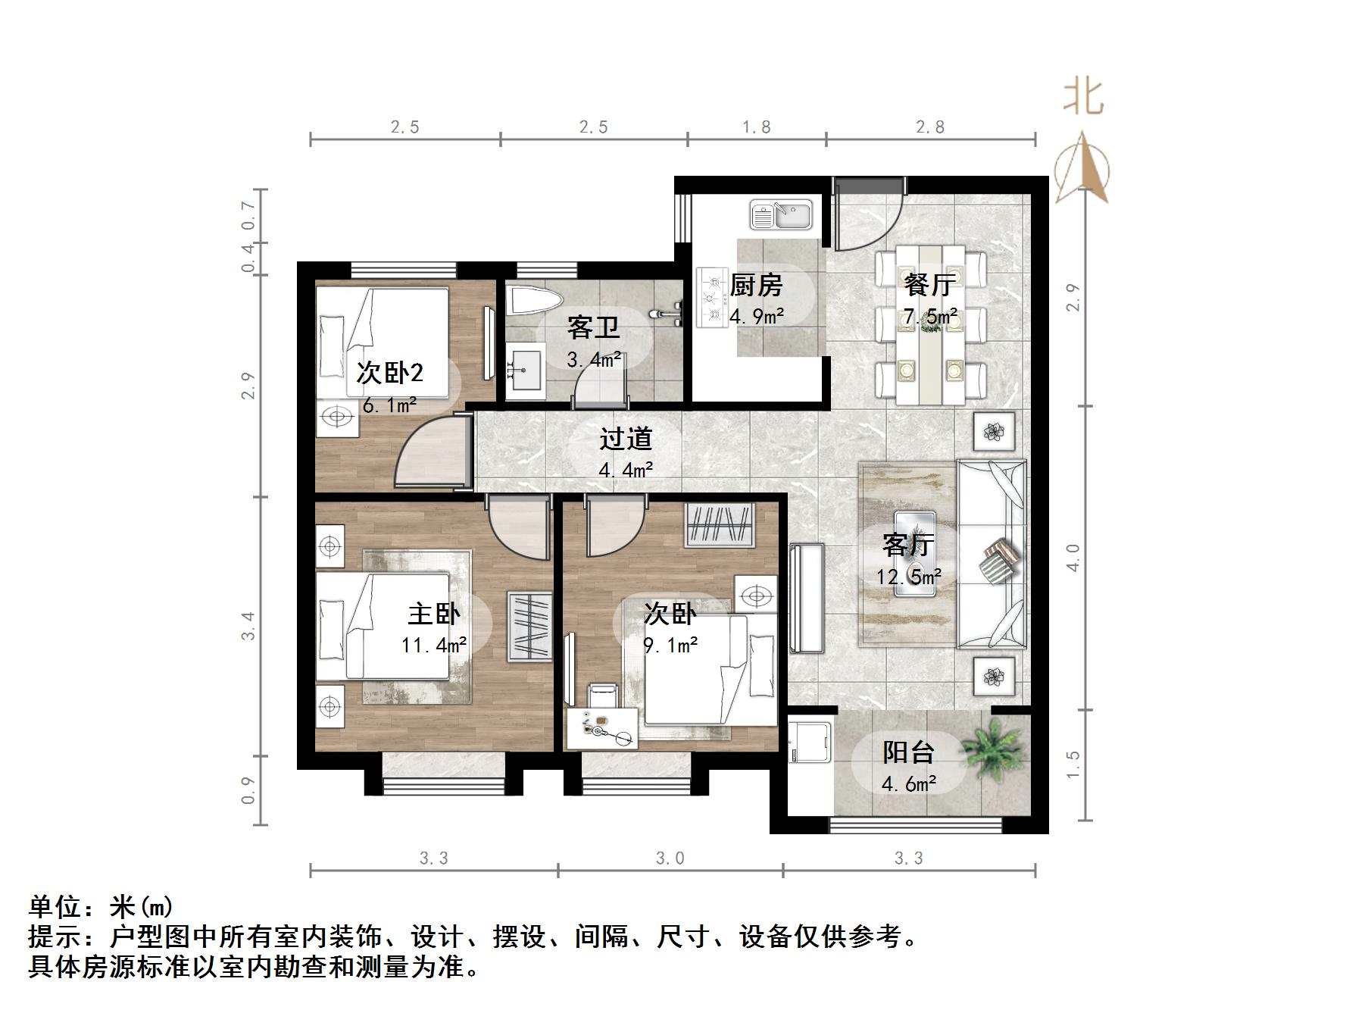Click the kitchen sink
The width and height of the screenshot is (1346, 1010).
[781, 214]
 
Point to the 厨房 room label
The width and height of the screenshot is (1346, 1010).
[756, 286]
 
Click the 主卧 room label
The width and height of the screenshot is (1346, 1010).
[433, 614]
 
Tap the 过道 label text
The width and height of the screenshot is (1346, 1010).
[626, 439]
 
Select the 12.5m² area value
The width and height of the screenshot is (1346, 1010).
[909, 577]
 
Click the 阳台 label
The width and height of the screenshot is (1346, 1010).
[908, 752]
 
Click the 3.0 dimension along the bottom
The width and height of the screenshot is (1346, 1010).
[670, 858]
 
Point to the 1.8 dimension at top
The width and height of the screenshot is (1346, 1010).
[757, 127]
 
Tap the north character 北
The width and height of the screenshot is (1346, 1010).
[1083, 98]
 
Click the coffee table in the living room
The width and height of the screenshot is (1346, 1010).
[914, 553]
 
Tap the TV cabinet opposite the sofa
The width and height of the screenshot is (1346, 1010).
[805, 598]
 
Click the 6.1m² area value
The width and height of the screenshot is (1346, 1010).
[389, 405]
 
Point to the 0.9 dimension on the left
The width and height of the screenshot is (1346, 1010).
[248, 790]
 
